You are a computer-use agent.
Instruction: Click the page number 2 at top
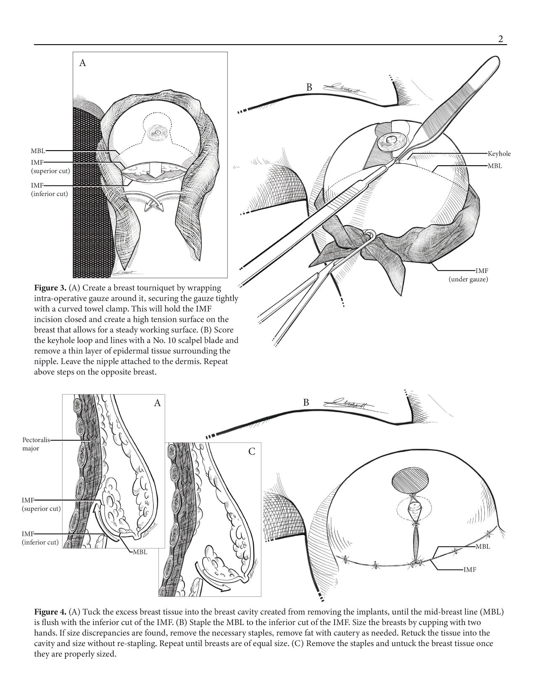click(500, 39)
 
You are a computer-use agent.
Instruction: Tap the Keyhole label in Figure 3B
click(499, 154)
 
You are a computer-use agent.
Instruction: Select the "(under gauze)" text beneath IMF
click(468, 279)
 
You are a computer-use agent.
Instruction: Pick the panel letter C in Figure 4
click(252, 452)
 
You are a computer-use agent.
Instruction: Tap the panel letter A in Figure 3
click(82, 63)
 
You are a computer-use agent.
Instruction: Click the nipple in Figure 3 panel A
click(158, 132)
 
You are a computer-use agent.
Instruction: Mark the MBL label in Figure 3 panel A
click(38, 151)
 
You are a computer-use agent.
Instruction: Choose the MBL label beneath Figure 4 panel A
click(140, 552)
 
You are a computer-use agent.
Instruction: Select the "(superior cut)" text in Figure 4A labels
click(41, 509)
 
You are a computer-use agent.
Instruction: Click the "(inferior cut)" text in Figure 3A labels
click(49, 194)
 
